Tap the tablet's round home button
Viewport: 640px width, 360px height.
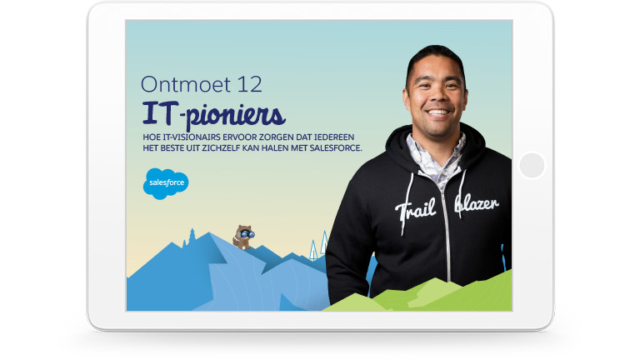[x=531, y=165]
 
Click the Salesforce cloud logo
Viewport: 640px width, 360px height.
[x=166, y=183]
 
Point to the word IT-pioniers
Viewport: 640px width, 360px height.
[x=213, y=113]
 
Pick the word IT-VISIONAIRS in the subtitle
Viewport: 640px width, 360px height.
[x=188, y=137]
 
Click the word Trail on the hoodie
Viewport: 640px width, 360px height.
[x=416, y=208]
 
